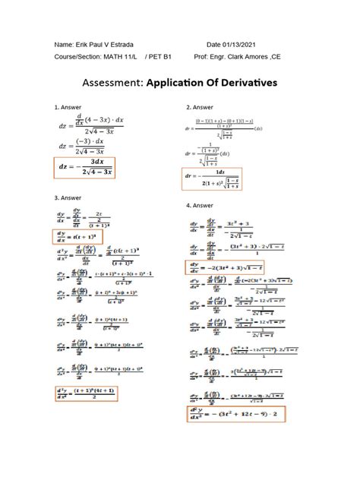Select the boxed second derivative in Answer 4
(235, 414)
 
